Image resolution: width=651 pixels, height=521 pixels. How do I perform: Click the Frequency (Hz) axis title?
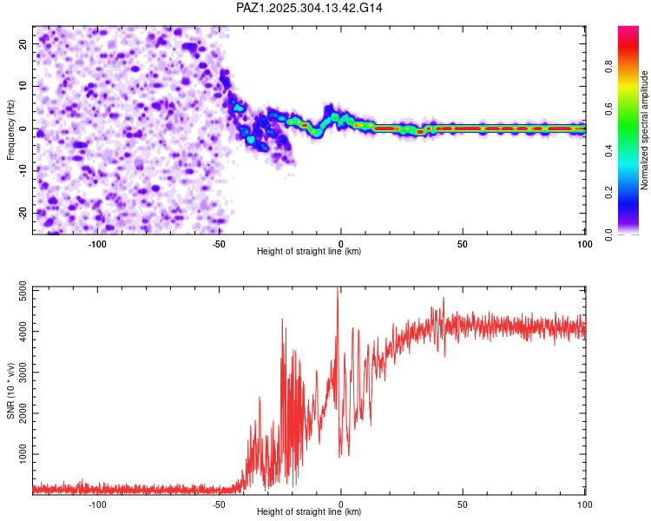[11, 130]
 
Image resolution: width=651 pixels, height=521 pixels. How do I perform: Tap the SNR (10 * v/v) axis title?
[11, 391]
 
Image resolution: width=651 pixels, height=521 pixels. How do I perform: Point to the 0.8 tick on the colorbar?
[608, 68]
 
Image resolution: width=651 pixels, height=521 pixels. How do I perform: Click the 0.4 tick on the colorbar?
[608, 151]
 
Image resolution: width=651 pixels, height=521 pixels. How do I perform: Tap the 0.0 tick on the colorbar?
[608, 234]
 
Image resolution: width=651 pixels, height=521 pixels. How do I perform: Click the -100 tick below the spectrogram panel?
[97, 243]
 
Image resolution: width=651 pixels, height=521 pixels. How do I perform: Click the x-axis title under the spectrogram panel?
[309, 252]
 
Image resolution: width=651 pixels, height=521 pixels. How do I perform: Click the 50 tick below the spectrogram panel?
[463, 243]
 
